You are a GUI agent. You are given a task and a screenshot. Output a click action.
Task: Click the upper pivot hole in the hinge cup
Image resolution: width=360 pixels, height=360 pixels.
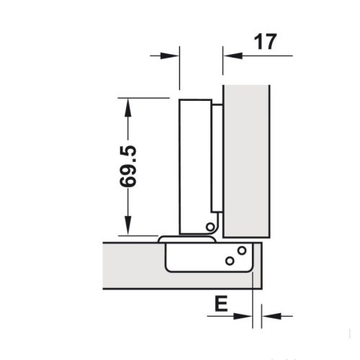pyautogui.click(x=241, y=251)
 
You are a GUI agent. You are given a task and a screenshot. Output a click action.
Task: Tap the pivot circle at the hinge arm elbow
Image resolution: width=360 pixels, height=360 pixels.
pyautogui.click(x=210, y=227)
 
